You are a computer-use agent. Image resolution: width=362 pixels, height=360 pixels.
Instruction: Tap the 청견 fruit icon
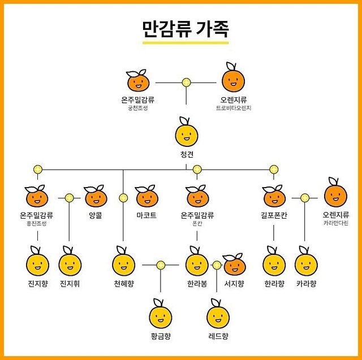(x=187, y=135)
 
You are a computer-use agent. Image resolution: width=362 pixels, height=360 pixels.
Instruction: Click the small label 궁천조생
(x=137, y=108)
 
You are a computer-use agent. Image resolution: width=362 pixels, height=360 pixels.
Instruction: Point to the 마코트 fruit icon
(x=146, y=197)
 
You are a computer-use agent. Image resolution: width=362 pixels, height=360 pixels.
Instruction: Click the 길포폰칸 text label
(x=274, y=215)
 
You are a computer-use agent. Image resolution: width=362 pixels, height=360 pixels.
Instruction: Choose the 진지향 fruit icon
(x=37, y=263)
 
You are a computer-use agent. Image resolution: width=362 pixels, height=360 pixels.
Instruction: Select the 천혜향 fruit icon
(x=123, y=263)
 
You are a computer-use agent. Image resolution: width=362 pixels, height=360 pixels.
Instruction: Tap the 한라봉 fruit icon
(x=197, y=263)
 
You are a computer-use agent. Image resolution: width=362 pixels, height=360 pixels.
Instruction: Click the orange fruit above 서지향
(x=234, y=264)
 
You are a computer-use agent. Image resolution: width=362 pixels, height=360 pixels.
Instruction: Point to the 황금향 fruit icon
(x=161, y=316)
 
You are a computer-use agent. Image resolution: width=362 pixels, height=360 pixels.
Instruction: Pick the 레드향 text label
(x=218, y=336)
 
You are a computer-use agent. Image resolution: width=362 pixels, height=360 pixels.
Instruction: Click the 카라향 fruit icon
(x=306, y=263)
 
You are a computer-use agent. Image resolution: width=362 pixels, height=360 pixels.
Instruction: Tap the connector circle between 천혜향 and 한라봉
(x=161, y=264)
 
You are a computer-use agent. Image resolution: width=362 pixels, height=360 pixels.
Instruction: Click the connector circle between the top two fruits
(x=186, y=83)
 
